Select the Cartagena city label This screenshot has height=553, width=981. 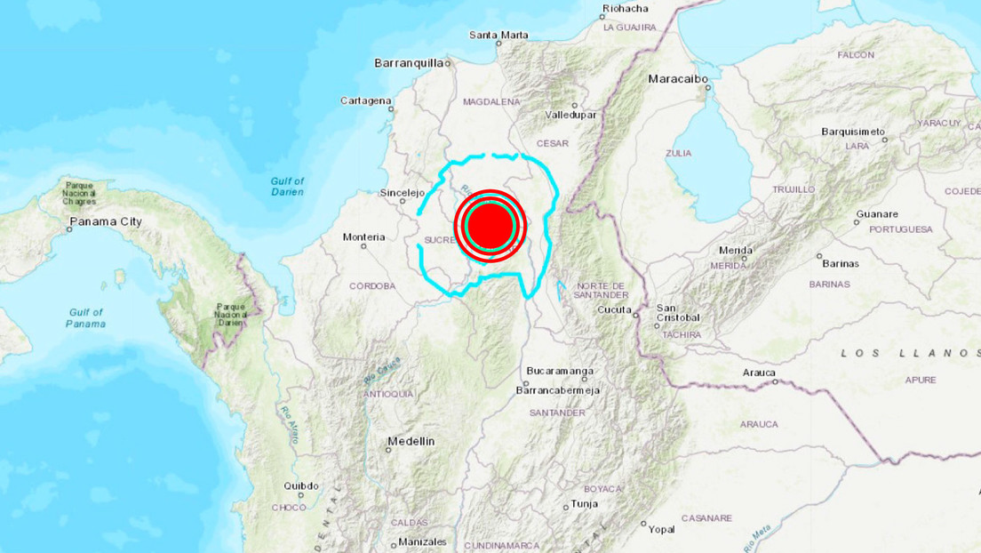[365, 100]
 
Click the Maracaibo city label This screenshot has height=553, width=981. [678, 79]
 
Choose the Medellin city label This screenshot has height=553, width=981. [411, 441]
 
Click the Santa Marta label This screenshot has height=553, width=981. [498, 36]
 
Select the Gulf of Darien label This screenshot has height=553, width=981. [287, 186]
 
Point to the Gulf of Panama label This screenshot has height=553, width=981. [86, 317]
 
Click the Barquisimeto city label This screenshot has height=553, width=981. [851, 131]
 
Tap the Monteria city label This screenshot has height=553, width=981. [364, 236]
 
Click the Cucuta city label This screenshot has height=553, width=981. [614, 309]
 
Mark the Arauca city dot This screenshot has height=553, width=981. [776, 382]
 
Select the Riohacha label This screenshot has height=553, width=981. [626, 9]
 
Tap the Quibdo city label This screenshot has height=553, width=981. [300, 485]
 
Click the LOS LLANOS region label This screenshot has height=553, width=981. [909, 353]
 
